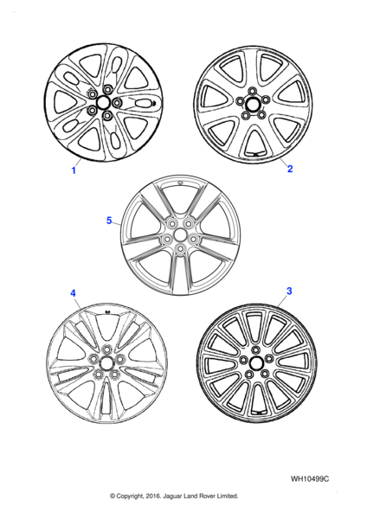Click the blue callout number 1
[x=74, y=170]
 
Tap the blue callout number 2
[x=290, y=169]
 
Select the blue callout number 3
[x=289, y=291]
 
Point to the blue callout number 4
[x=73, y=293]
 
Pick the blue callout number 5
[x=109, y=220]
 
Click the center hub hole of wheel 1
[x=103, y=102]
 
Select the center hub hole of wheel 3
[x=256, y=364]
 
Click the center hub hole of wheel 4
[x=106, y=362]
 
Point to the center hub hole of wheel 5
[x=180, y=235]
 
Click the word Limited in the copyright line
[x=228, y=496]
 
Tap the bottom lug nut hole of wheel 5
[x=180, y=249]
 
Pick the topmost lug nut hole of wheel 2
[x=253, y=91]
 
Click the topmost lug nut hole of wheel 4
[x=106, y=349]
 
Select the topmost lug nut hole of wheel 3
[x=255, y=349]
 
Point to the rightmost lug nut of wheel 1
[x=117, y=103]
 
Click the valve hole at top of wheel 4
[x=107, y=311]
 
